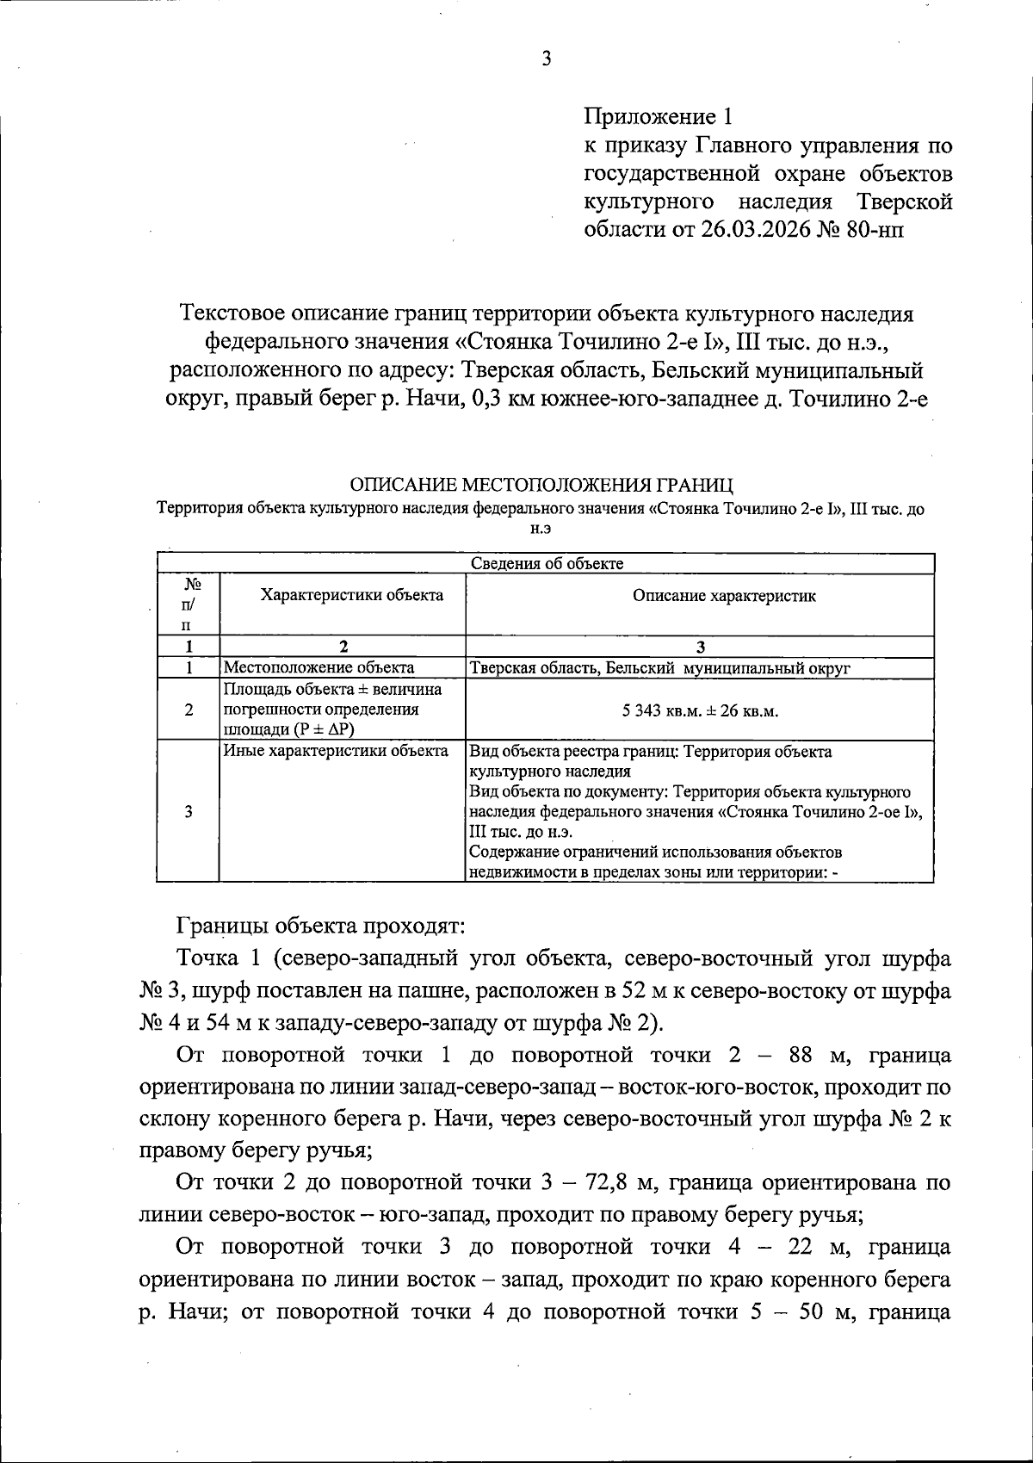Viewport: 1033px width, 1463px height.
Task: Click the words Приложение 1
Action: click(660, 115)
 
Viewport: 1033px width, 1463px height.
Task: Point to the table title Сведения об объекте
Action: click(547, 564)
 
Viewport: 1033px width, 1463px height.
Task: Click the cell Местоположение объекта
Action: click(319, 667)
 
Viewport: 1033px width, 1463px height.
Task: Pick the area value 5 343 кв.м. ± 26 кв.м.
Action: click(699, 711)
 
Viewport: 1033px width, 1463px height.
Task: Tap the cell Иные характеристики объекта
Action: click(336, 751)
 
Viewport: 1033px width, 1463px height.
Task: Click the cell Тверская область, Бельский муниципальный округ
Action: click(660, 667)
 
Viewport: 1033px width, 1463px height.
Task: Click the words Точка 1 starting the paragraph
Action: click(213, 958)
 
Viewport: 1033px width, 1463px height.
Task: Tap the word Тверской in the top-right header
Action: click(905, 201)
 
